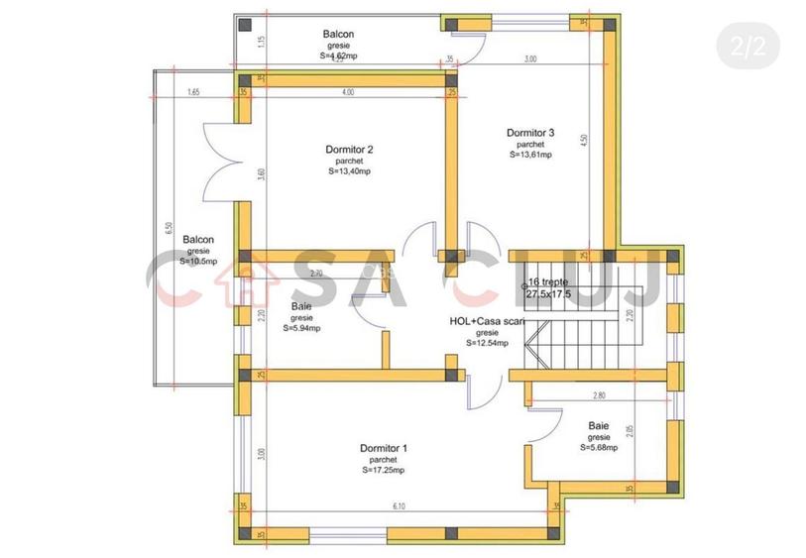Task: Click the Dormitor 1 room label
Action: pyautogui.click(x=383, y=448)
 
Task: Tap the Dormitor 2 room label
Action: pyautogui.click(x=349, y=150)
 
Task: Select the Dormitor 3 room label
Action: pyautogui.click(x=530, y=133)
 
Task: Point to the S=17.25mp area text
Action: pyautogui.click(x=383, y=470)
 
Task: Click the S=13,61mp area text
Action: pyautogui.click(x=530, y=155)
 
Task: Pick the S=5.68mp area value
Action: pyautogui.click(x=599, y=447)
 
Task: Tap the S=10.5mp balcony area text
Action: pyautogui.click(x=198, y=262)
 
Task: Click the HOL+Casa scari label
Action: pyautogui.click(x=487, y=321)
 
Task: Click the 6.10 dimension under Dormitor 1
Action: pyautogui.click(x=399, y=506)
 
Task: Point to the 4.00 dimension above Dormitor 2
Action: pyautogui.click(x=348, y=92)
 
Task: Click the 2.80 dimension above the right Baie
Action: pyautogui.click(x=598, y=395)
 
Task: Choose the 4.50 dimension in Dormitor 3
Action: pyautogui.click(x=584, y=140)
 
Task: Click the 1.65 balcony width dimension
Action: pyautogui.click(x=193, y=92)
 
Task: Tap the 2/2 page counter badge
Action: pyautogui.click(x=748, y=46)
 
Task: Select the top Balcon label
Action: pyautogui.click(x=338, y=35)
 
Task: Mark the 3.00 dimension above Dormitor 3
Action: pyautogui.click(x=530, y=59)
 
